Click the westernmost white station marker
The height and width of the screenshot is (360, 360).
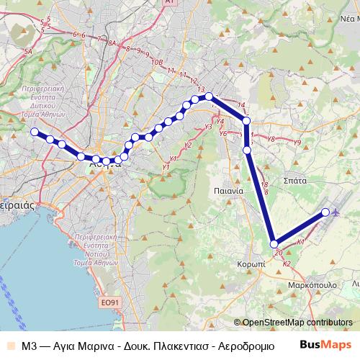(34, 132)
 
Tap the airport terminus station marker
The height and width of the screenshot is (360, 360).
(326, 212)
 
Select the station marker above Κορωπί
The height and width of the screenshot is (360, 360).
(274, 243)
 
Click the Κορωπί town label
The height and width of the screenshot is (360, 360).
(251, 264)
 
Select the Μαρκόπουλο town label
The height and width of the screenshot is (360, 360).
(315, 284)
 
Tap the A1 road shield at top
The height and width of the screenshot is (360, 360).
(168, 3)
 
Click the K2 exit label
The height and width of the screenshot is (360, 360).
(286, 264)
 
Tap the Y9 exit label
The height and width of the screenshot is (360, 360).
(297, 143)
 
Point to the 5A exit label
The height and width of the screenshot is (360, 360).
(29, 52)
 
